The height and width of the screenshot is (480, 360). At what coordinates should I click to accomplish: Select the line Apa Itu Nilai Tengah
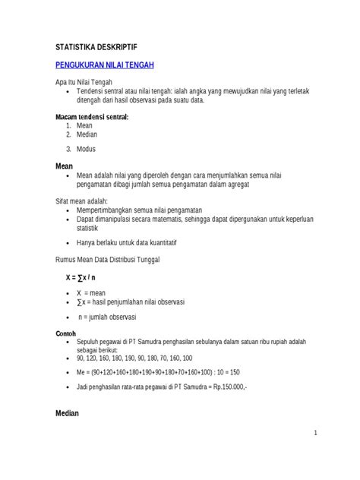[84, 83]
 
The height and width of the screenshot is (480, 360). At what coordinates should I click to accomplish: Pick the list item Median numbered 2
[88, 134]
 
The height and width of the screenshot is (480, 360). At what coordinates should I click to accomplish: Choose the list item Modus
[87, 149]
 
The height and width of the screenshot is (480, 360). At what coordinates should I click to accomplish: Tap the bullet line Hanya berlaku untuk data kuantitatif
[131, 243]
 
